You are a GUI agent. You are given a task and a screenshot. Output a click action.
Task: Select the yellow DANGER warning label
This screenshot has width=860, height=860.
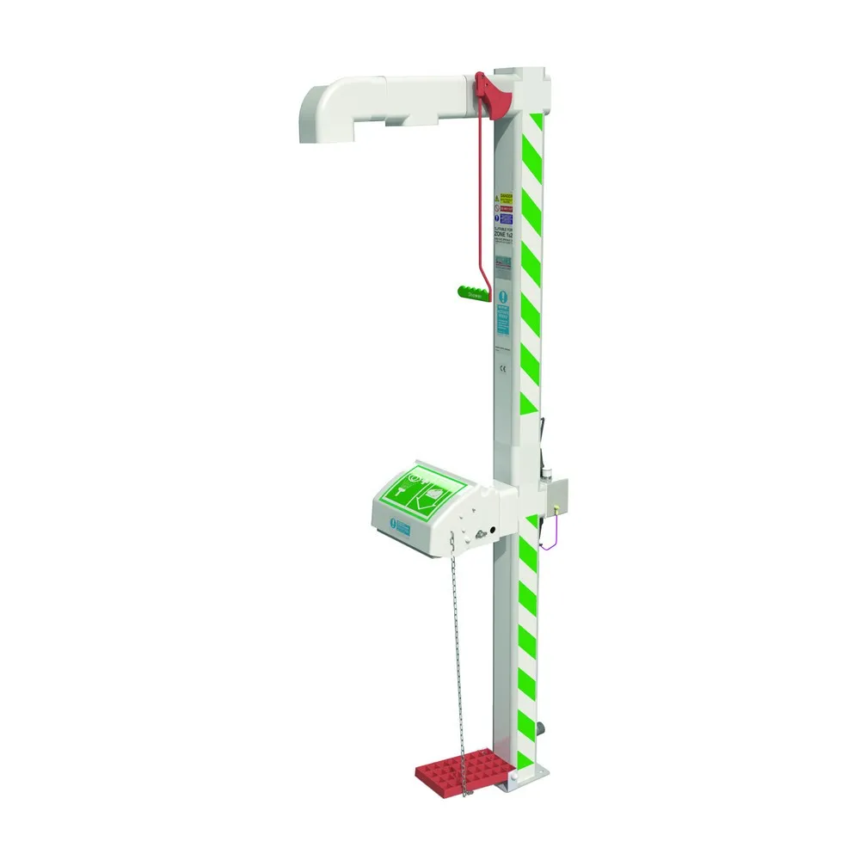(506, 199)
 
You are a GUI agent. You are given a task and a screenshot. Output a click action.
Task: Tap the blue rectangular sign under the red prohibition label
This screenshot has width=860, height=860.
(506, 219)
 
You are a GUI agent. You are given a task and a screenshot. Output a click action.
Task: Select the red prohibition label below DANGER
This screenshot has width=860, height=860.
(506, 209)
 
